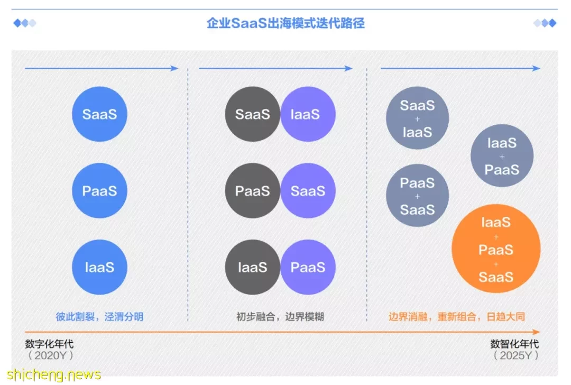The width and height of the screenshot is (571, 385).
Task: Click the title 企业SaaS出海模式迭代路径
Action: point(285,23)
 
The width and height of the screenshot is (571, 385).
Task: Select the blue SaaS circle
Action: point(99,114)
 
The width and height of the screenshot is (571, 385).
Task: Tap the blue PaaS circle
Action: point(99,190)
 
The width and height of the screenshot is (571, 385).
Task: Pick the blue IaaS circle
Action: point(99,267)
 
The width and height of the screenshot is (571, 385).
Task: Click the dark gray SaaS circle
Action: point(252,114)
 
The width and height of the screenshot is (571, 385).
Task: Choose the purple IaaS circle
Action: point(308,114)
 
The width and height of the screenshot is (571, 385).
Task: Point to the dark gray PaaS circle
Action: point(252,190)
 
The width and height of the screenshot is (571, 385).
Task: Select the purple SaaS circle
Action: point(308,190)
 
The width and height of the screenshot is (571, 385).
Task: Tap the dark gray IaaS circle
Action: point(252,267)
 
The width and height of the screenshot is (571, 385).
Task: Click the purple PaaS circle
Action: point(308,267)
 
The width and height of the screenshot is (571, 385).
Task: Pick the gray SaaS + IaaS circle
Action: point(417,118)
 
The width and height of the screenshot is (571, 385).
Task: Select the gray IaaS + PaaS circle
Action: point(502,155)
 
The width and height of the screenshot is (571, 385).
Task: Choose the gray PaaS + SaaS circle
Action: point(417,195)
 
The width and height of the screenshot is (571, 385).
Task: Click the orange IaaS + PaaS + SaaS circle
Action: point(496,249)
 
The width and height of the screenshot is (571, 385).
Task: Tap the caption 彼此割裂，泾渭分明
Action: point(99,317)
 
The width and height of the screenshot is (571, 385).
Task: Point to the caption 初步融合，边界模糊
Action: point(280,317)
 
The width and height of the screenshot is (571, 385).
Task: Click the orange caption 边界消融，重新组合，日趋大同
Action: point(457,317)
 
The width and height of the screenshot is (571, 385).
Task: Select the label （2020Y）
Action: point(51,355)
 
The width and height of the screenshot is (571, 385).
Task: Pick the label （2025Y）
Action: point(515,355)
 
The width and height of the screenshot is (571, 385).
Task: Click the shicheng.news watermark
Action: point(53,375)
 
